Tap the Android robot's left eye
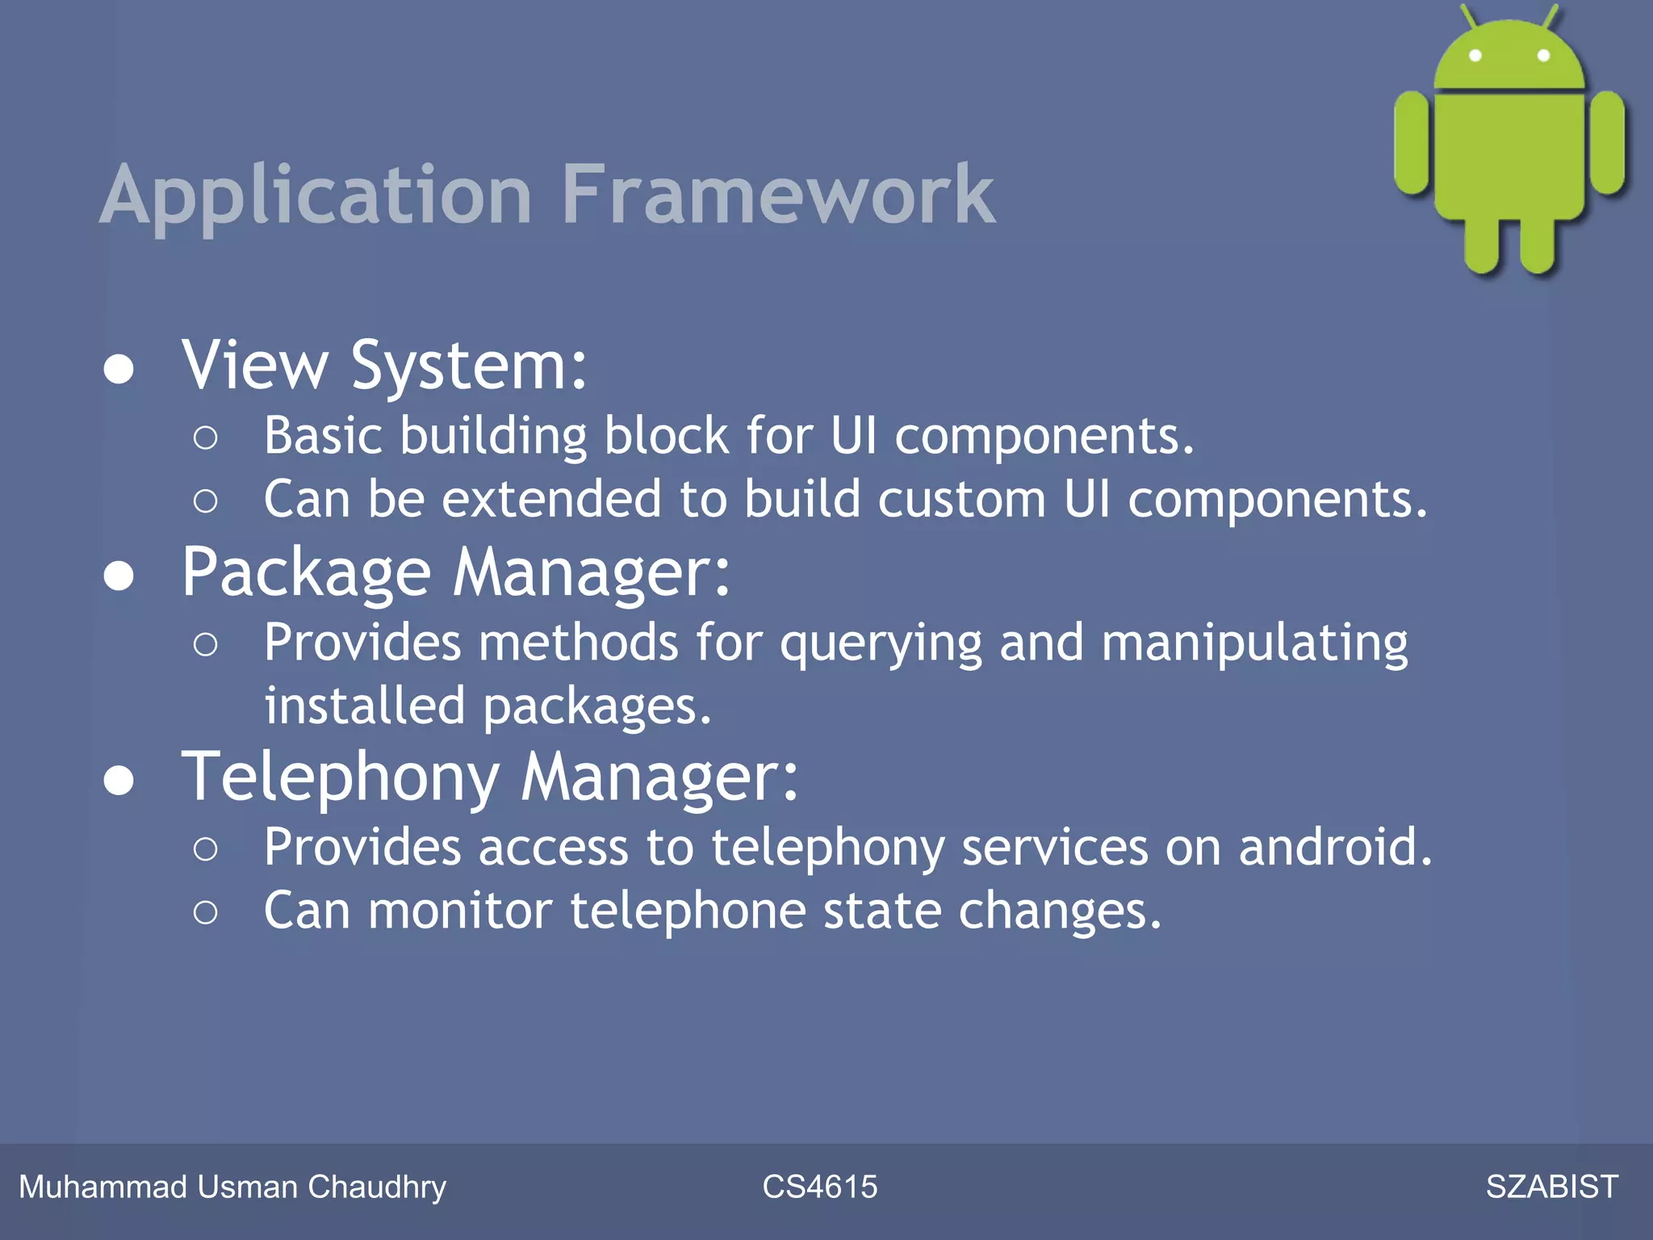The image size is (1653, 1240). coord(1475,56)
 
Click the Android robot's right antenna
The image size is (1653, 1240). coord(1550,16)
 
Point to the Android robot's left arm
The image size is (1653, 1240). coord(1412,143)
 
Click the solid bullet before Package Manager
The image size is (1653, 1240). coord(119,576)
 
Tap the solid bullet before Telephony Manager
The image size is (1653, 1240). coord(119,781)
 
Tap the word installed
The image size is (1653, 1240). coord(365,706)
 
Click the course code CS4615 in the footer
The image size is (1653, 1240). coord(819,1187)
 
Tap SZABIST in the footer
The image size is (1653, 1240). coord(1551,1187)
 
